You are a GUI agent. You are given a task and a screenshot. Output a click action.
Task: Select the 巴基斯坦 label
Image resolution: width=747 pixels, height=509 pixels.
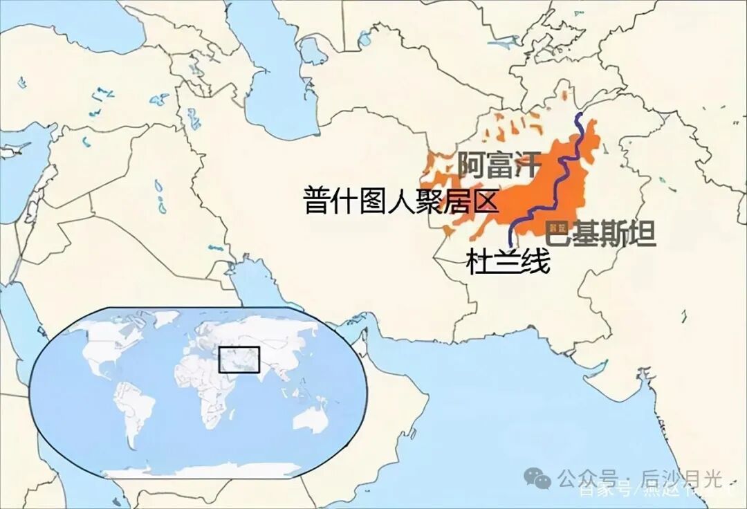(x=600, y=234)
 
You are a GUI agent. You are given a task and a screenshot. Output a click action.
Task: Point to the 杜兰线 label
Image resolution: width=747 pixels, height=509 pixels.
(x=508, y=263)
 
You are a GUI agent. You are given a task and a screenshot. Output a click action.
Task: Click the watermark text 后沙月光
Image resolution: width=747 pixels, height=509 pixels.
(x=681, y=478)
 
